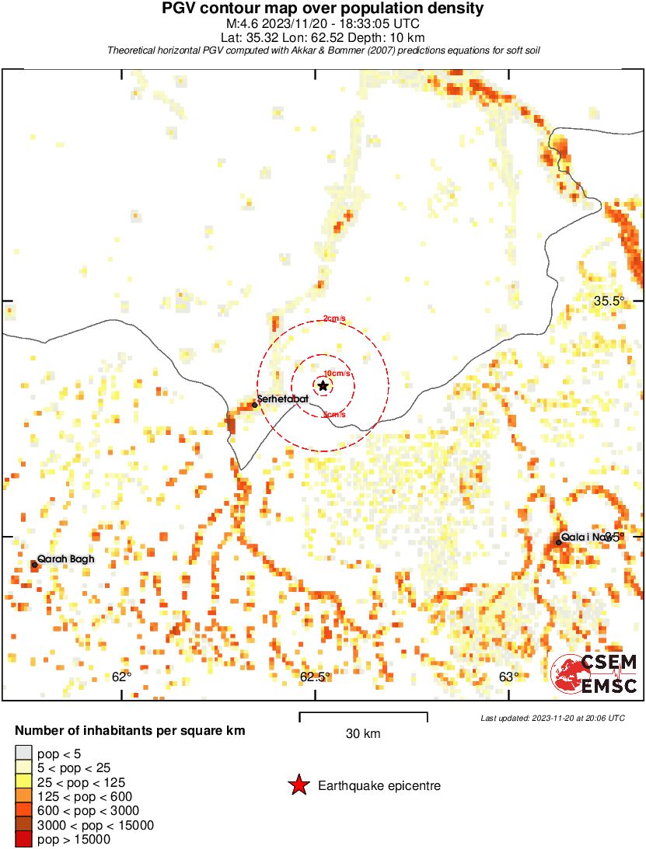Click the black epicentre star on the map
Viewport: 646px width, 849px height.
point(323,385)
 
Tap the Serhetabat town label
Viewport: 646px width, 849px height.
point(283,401)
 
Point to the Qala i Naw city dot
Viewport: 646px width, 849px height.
point(559,542)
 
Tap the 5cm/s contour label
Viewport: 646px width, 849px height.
point(334,415)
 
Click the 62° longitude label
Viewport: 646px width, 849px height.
point(121,677)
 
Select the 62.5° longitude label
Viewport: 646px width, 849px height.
point(316,677)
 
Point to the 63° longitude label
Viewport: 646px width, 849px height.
point(509,677)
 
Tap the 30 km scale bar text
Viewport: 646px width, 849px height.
point(363,733)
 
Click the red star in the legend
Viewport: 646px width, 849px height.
point(298,786)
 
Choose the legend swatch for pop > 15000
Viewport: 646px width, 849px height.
point(24,839)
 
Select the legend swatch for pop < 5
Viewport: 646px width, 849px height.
point(24,753)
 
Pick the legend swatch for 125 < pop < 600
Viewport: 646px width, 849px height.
point(24,796)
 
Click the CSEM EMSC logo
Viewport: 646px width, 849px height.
point(595,673)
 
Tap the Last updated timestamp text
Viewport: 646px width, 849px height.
point(552,718)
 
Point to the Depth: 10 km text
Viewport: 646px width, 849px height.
point(389,37)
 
